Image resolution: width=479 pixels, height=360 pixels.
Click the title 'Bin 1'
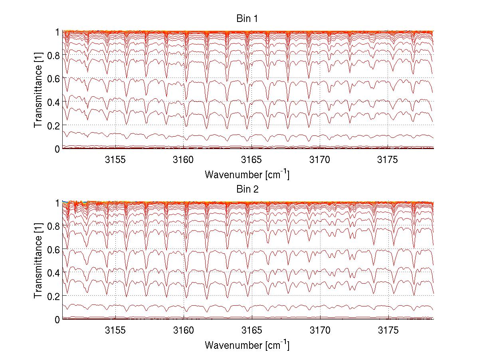(247, 18)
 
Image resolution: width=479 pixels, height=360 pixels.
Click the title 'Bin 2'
(247, 189)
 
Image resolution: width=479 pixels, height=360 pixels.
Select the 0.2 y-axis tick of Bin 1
(53, 125)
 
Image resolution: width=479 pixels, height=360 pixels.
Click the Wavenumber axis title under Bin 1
(247, 174)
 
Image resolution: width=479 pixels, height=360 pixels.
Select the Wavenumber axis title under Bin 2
(247, 345)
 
